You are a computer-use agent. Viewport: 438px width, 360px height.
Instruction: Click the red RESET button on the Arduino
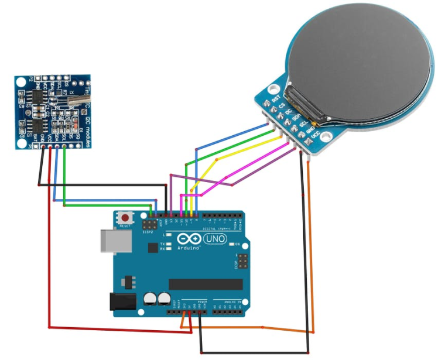click(124, 217)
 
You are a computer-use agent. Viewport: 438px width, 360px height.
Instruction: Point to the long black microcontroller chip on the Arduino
click(205, 284)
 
